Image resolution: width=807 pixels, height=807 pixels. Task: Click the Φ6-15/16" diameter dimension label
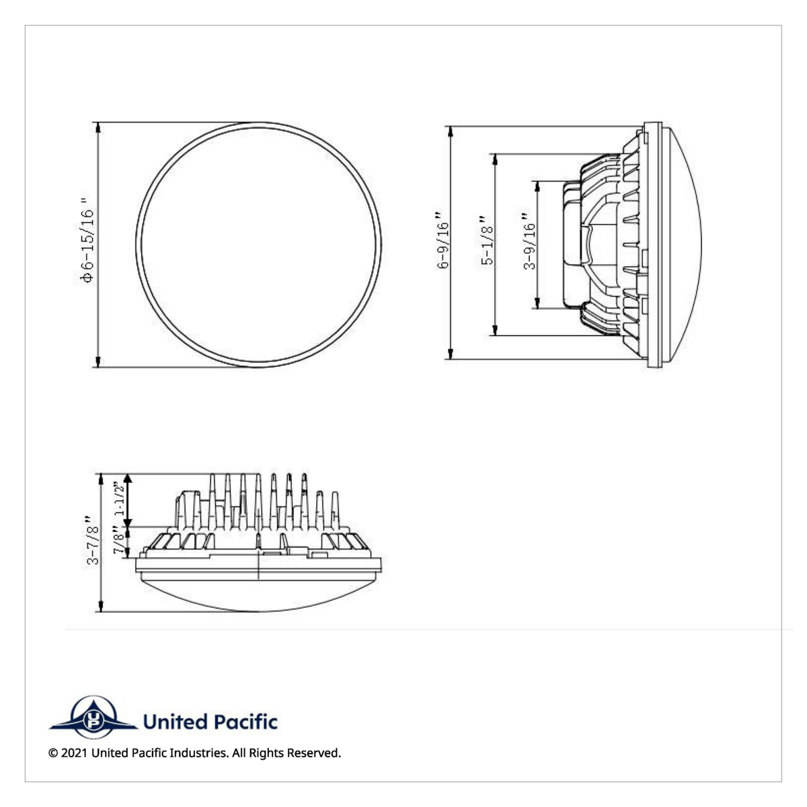[x=87, y=241]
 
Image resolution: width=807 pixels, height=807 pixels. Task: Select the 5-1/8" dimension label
[x=487, y=240]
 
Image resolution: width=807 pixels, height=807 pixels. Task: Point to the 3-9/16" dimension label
[x=530, y=241]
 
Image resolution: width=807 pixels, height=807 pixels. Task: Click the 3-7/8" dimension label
[x=93, y=540]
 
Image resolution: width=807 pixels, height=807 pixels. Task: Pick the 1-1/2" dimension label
[x=119, y=498]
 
